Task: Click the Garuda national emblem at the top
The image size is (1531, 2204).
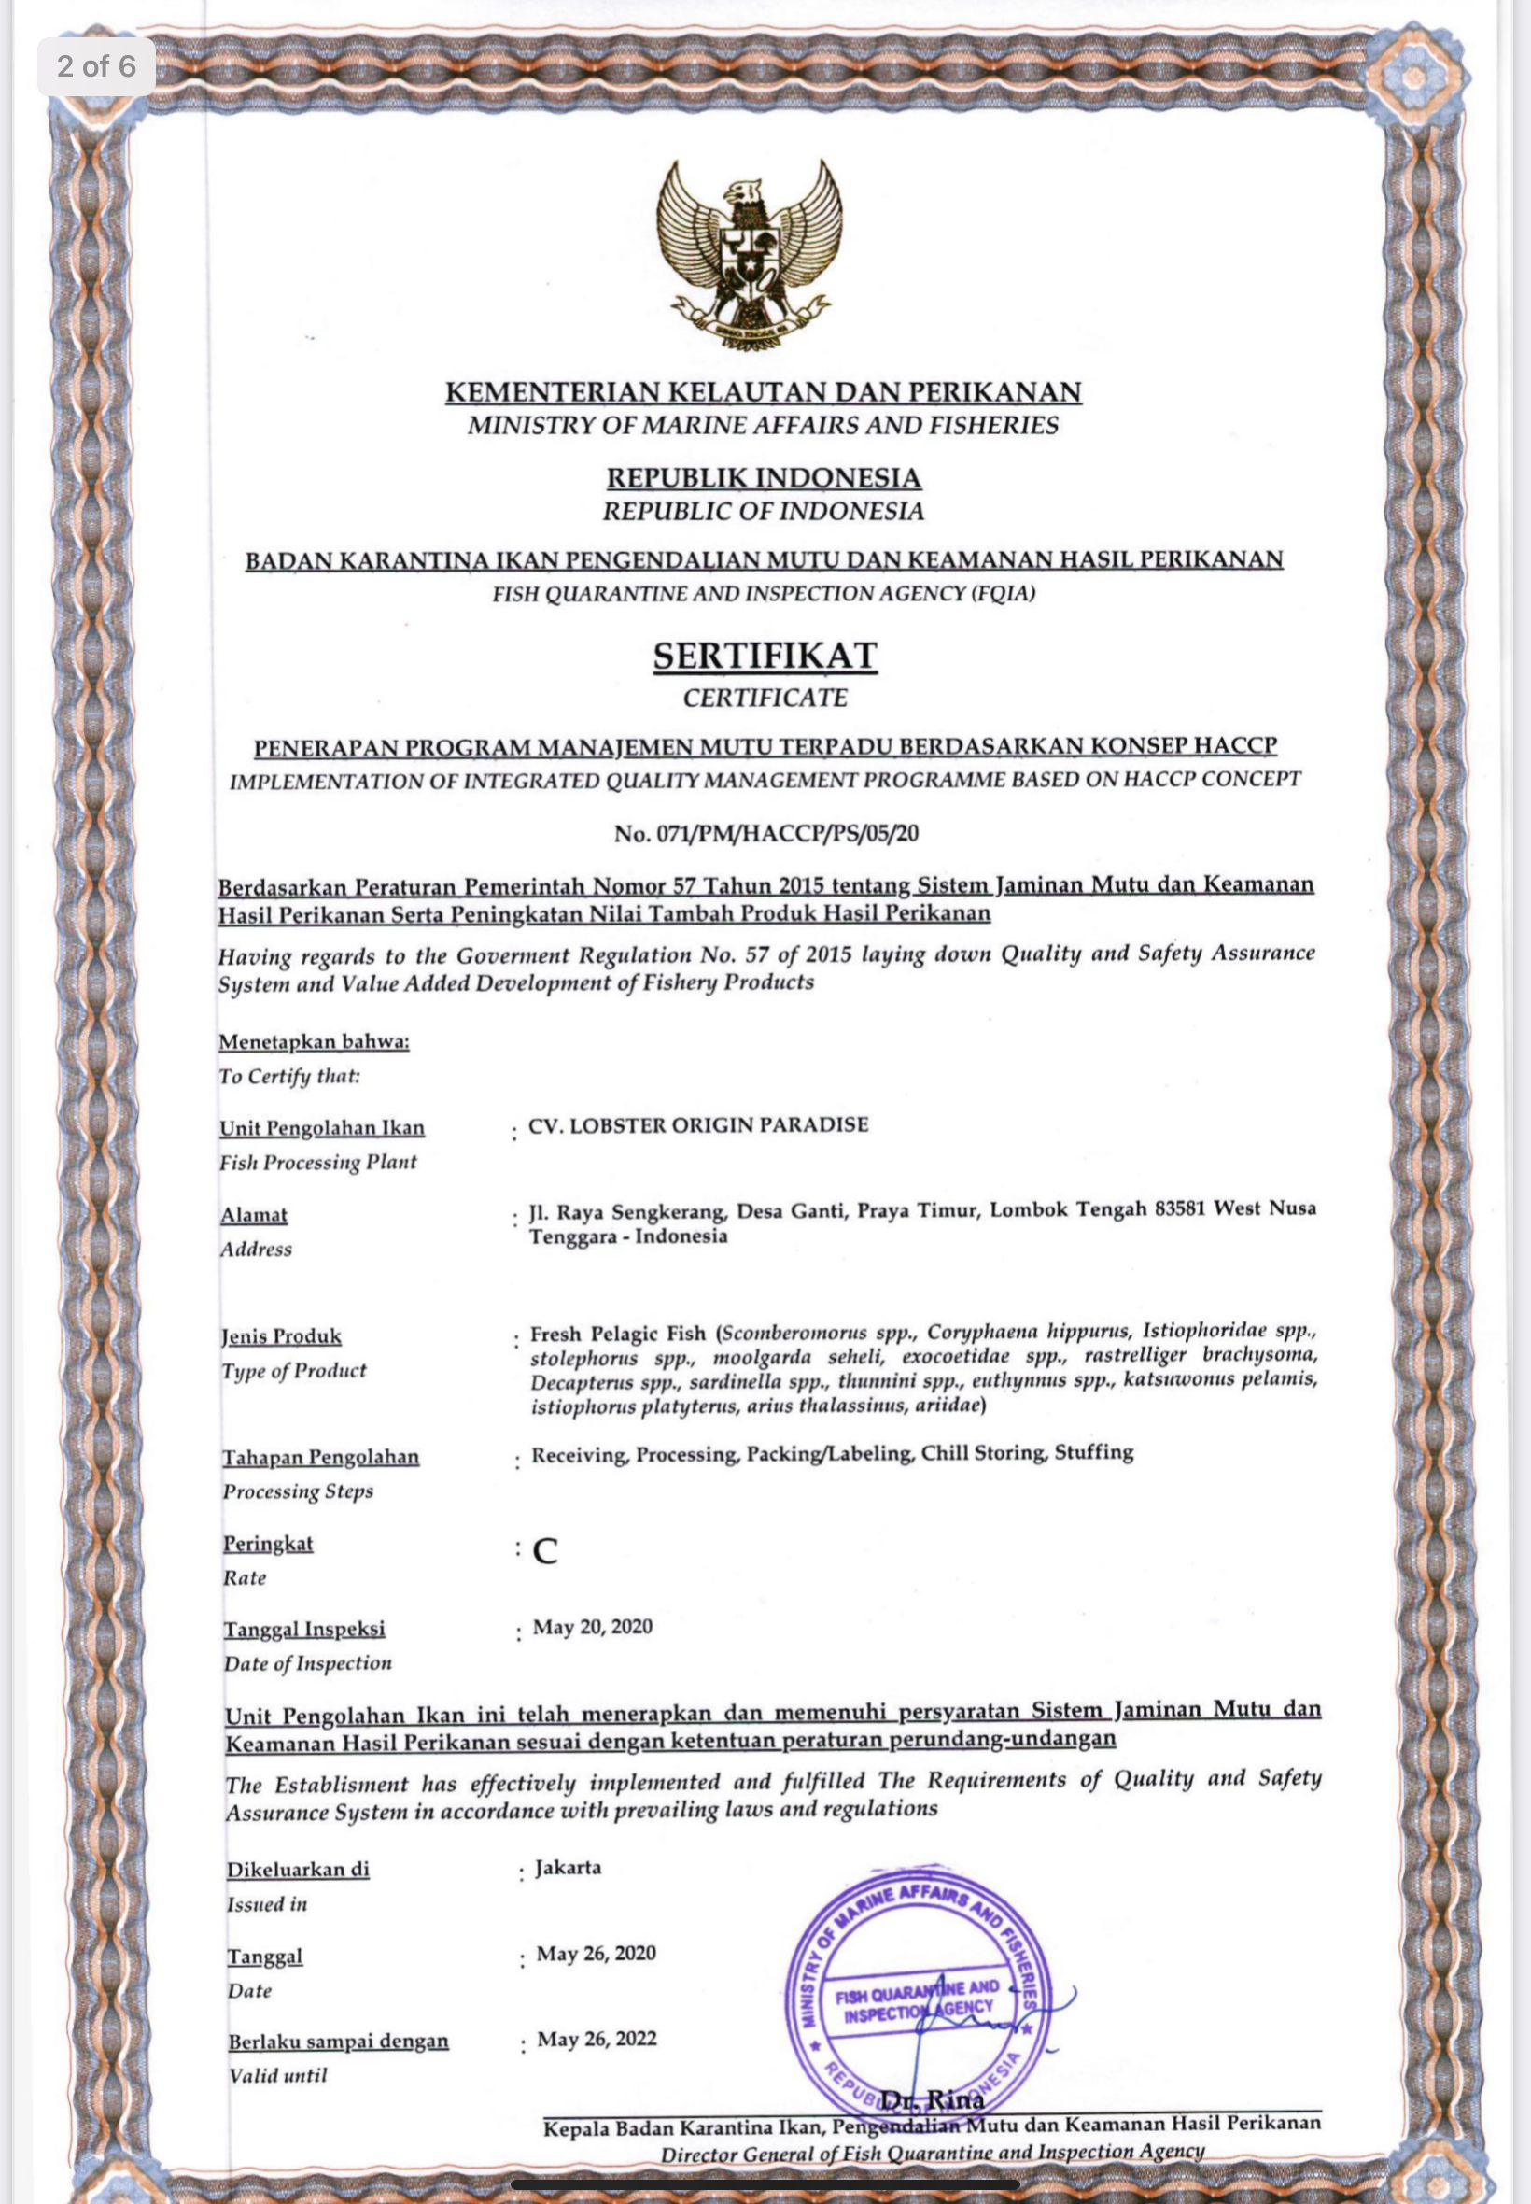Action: pos(750,254)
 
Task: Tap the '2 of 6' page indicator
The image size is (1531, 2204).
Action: pos(96,66)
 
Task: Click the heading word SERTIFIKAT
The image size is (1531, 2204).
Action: pos(765,656)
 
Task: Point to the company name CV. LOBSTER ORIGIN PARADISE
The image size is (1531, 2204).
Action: pos(698,1124)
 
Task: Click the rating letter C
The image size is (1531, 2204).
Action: pos(545,1551)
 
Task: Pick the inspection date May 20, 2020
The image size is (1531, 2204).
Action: pos(593,1626)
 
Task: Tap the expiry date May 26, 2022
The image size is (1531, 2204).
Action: pos(597,2039)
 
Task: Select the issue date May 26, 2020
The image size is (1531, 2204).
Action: pos(596,1954)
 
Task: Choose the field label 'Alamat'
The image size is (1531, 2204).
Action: pos(254,1215)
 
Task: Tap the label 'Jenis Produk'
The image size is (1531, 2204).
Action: pos(281,1335)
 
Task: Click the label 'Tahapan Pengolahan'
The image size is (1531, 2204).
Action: pos(321,1457)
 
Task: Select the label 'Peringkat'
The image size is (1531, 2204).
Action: pos(269,1543)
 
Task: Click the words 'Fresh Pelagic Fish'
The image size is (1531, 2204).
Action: pos(618,1334)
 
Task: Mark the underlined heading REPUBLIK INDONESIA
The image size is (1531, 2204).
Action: pos(764,478)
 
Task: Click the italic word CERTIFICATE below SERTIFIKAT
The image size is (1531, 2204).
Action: pos(765,698)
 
